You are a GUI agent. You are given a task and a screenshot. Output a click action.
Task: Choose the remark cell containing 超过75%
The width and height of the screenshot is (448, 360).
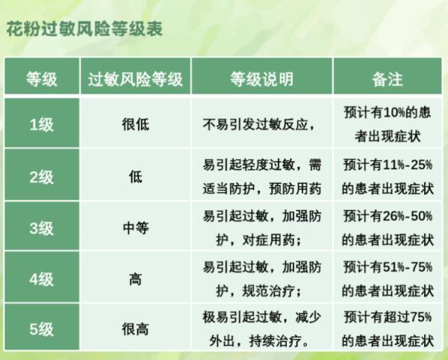[x=388, y=329]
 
